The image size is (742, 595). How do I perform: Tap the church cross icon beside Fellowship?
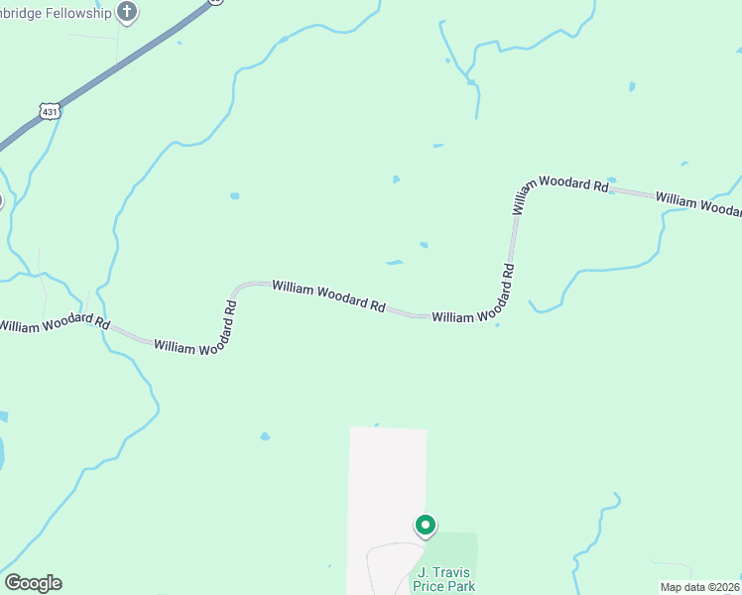click(x=126, y=12)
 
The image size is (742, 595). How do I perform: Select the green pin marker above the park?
click(x=426, y=525)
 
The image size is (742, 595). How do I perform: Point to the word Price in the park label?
click(x=430, y=586)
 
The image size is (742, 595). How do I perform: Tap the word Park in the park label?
click(x=461, y=586)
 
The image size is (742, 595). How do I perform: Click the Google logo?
click(x=33, y=583)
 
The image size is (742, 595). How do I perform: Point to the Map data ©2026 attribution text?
click(x=699, y=587)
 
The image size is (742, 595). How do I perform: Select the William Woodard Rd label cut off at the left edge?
click(x=54, y=322)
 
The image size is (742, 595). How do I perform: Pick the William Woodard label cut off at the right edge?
click(x=698, y=202)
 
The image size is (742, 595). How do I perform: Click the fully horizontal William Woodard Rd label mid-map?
click(x=328, y=297)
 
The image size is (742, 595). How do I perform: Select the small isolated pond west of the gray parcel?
click(x=265, y=436)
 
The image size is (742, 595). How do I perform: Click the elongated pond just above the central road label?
click(x=395, y=263)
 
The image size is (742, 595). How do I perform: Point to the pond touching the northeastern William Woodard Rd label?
click(x=611, y=180)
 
